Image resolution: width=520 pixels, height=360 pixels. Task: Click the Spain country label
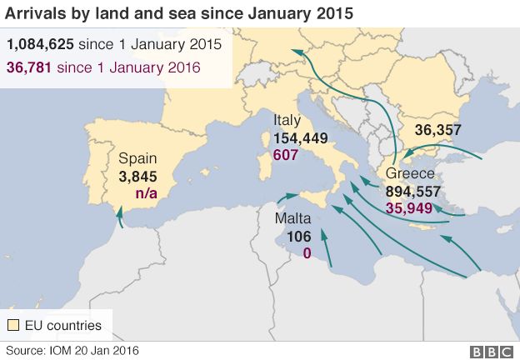tap(137, 158)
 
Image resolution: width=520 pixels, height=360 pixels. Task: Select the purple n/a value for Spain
tap(147, 194)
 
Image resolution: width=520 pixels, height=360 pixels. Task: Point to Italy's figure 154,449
tap(301, 139)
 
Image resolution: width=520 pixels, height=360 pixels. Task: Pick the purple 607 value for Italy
tap(286, 155)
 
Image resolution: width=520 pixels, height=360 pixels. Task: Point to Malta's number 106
tap(298, 236)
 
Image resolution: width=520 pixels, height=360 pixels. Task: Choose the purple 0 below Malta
tap(307, 252)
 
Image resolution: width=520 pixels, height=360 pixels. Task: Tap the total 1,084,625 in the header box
tap(38, 44)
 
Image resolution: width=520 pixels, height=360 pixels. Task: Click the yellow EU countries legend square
tap(13, 325)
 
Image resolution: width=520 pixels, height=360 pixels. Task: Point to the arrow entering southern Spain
tap(119, 216)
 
